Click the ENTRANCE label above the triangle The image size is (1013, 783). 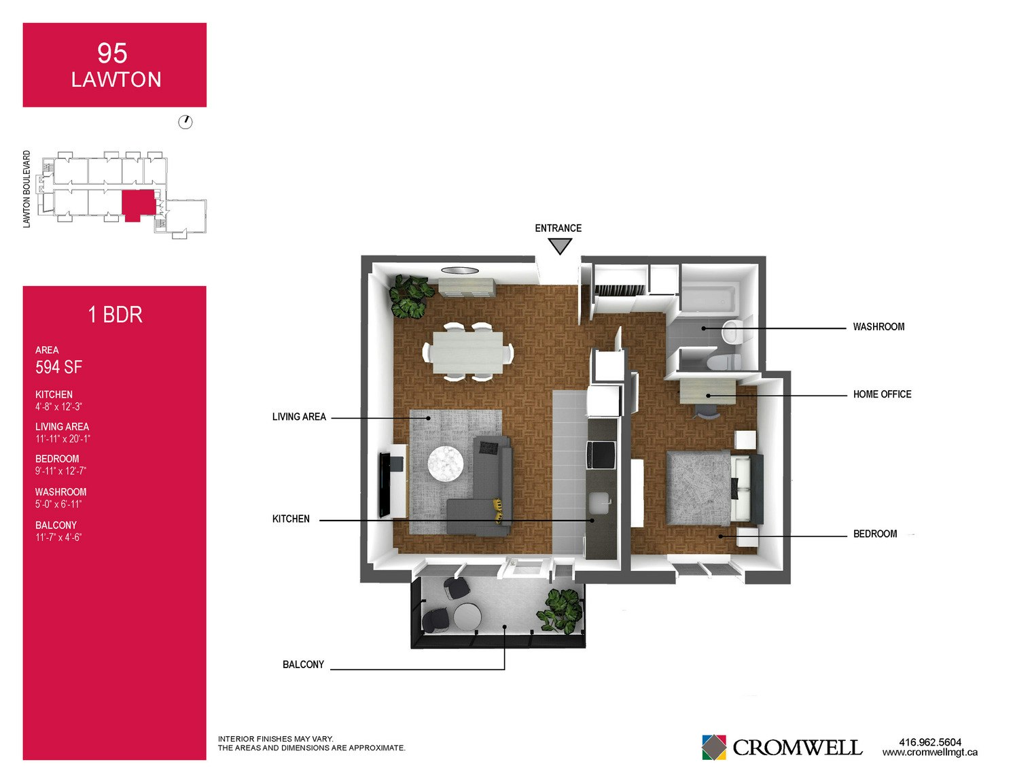click(x=558, y=228)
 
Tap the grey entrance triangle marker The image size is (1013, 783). click(x=559, y=245)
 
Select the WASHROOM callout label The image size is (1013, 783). click(x=878, y=326)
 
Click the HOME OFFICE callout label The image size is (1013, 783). click(x=882, y=394)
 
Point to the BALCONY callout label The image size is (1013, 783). click(x=303, y=664)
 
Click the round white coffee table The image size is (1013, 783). click(x=446, y=463)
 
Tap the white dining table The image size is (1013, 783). click(x=467, y=353)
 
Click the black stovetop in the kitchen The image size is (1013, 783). click(x=601, y=454)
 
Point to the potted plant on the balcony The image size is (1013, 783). click(x=560, y=612)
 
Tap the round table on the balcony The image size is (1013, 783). click(x=467, y=617)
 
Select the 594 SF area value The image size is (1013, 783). click(x=58, y=367)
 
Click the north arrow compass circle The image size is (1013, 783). click(x=185, y=122)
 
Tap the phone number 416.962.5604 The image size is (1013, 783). click(x=930, y=742)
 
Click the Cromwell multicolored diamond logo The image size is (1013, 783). click(x=713, y=747)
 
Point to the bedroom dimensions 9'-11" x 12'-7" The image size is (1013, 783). click(x=60, y=470)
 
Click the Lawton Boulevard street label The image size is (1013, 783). click(x=26, y=190)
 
